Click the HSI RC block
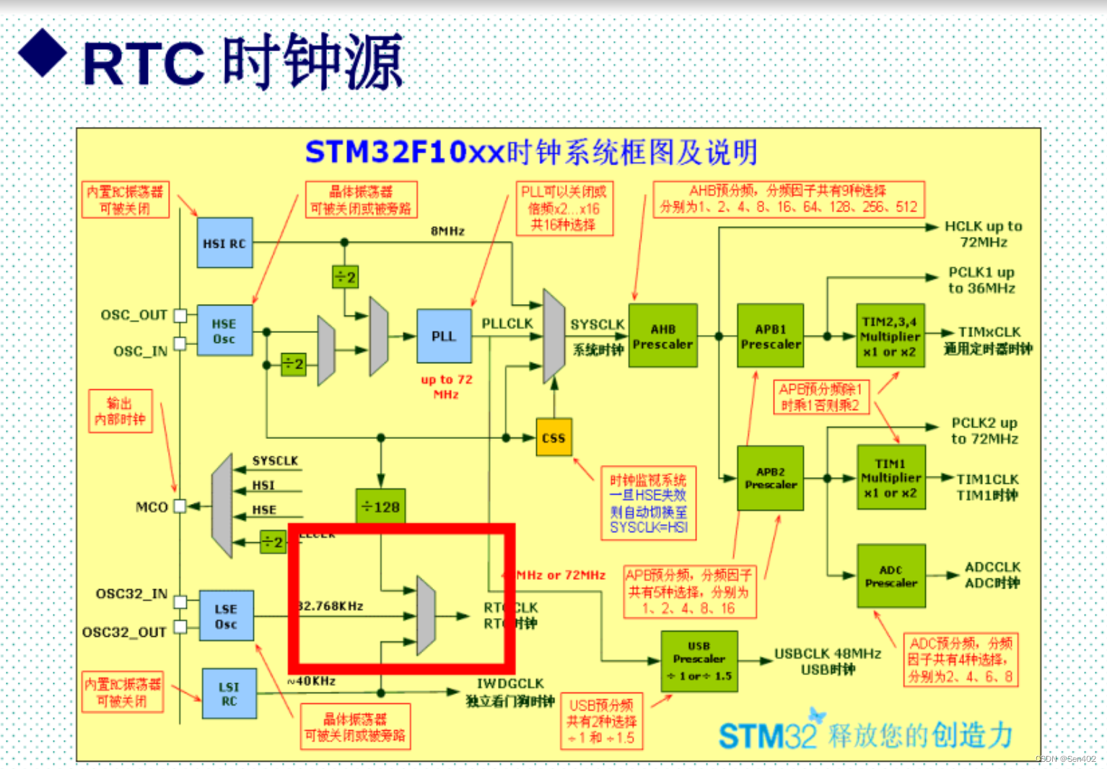[x=224, y=243]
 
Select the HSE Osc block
[x=224, y=331]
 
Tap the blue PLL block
[x=444, y=336]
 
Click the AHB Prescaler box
[x=662, y=336]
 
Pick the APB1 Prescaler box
[x=770, y=336]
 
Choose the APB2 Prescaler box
[x=770, y=478]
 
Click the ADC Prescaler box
[x=891, y=576]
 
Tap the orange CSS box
[x=553, y=438]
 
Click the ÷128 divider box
[x=381, y=507]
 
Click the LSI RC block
[x=229, y=694]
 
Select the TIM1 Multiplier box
[x=891, y=478]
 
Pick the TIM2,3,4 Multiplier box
[x=890, y=336]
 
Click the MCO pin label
[x=152, y=507]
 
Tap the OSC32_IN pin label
[x=131, y=594]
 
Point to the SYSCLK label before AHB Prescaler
[x=597, y=325]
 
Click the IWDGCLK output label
[x=510, y=683]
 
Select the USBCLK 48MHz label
[x=827, y=653]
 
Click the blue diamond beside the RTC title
[x=43, y=53]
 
